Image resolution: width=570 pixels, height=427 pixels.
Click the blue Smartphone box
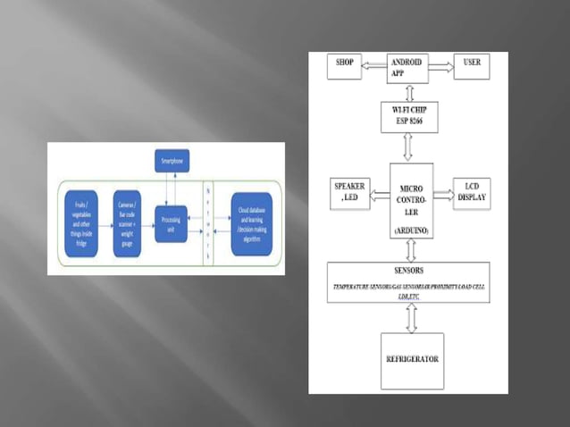coord(172,162)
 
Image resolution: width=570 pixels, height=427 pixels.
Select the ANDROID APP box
coord(408,68)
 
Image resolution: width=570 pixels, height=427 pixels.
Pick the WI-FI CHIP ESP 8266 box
coord(408,117)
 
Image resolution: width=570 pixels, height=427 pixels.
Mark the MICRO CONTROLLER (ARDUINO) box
coord(411,200)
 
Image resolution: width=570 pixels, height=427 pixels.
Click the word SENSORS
coord(408,270)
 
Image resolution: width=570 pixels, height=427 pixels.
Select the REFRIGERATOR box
coord(412,359)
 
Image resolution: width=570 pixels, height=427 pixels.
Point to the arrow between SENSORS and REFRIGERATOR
coord(411,316)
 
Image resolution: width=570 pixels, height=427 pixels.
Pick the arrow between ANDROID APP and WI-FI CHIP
coord(409,92)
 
